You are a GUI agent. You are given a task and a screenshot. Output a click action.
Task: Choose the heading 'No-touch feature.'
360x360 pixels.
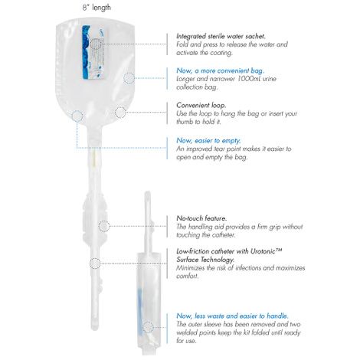(201, 218)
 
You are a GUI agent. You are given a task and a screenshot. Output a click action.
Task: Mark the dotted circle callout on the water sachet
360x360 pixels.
(97, 43)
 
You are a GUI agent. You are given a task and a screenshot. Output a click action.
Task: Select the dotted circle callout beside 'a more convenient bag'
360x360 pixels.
(129, 77)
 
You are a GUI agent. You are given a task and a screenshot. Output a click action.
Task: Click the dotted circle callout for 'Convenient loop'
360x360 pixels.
(120, 112)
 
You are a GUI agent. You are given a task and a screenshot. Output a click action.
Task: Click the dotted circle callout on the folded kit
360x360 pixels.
(147, 326)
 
